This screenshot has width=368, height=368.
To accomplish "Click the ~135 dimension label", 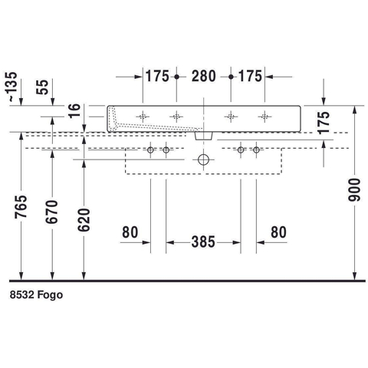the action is pos(13,87).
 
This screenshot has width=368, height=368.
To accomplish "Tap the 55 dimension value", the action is pos(42,87).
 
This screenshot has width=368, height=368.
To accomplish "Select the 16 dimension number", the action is pos(74,110).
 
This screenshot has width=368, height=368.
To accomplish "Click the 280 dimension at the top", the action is pos(204,76).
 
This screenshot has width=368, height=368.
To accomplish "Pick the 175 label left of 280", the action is pos(157,76).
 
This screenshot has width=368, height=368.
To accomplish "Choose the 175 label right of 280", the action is pos(250,76).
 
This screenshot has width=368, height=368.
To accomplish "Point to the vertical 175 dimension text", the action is pos(324,123).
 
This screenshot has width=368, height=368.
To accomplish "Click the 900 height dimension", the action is pos(355,190).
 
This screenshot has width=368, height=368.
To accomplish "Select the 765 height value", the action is pos(21,207).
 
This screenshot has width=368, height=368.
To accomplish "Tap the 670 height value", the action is pos(52,212).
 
